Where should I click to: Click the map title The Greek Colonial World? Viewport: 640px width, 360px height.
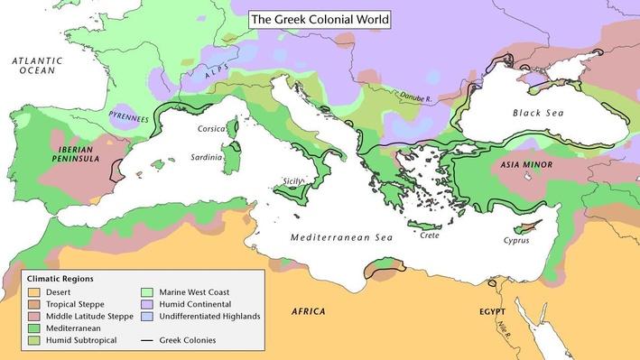tap(320, 18)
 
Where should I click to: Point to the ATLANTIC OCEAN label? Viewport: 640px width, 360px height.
tap(37, 65)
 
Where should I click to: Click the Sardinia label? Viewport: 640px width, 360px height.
tap(207, 157)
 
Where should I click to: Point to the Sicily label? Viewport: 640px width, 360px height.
tap(294, 180)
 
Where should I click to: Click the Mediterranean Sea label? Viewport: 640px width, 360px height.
tap(340, 237)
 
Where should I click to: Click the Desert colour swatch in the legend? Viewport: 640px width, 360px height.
tap(35, 292)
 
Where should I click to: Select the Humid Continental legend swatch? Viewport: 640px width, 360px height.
tap(149, 304)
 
